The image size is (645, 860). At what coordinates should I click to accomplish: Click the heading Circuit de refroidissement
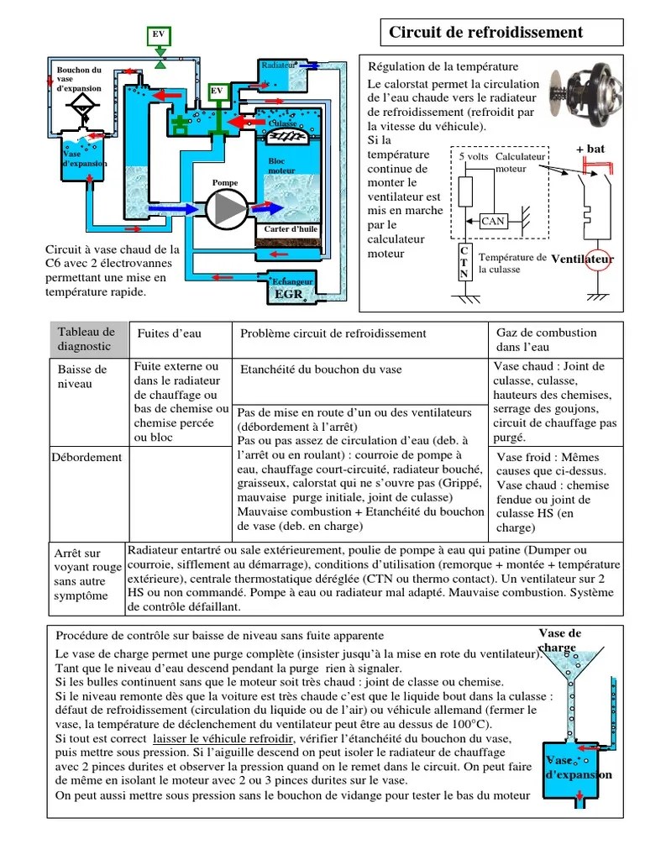[485, 33]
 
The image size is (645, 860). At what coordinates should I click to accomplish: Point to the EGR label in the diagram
[289, 294]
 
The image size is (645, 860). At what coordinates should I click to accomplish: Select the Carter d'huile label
[291, 228]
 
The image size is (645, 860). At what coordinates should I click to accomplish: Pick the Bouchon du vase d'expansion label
[79, 79]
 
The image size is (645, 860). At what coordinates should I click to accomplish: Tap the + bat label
[590, 149]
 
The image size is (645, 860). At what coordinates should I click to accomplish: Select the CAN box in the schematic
[492, 222]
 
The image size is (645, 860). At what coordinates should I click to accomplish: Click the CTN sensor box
[464, 262]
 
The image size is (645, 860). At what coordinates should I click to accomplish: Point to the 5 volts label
[474, 157]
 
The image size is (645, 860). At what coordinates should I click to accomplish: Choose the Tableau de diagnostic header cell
[87, 338]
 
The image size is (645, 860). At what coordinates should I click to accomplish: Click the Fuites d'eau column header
[170, 333]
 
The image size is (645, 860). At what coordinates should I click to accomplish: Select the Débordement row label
[87, 458]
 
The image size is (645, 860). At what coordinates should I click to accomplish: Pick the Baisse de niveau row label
[82, 376]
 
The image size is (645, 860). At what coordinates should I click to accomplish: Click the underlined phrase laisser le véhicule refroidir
[222, 737]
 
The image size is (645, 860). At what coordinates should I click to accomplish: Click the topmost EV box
[159, 34]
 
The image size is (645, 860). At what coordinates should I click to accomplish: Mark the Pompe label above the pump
[225, 182]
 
